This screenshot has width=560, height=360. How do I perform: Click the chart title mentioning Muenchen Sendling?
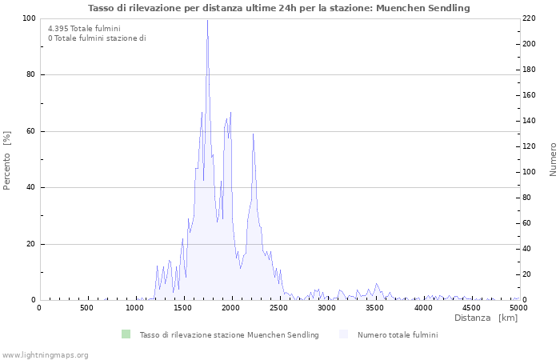pyautogui.click(x=279, y=8)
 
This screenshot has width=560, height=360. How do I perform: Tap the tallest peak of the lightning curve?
pyautogui.click(x=207, y=22)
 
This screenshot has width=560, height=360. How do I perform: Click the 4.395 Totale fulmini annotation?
pyautogui.click(x=84, y=29)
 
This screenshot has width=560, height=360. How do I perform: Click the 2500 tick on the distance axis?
pyautogui.click(x=279, y=307)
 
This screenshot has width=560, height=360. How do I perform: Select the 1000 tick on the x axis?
pyautogui.click(x=135, y=307)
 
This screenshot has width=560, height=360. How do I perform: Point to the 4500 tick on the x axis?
pyautogui.click(x=471, y=307)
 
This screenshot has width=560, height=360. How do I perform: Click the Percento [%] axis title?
pyautogui.click(x=8, y=161)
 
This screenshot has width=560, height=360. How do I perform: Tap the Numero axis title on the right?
pyautogui.click(x=552, y=160)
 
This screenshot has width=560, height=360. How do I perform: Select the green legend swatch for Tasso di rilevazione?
pyautogui.click(x=125, y=334)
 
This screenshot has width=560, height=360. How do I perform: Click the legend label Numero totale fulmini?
pyautogui.click(x=398, y=334)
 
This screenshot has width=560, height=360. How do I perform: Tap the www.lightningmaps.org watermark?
pyautogui.click(x=45, y=354)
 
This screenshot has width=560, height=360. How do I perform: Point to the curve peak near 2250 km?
pyautogui.click(x=253, y=134)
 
